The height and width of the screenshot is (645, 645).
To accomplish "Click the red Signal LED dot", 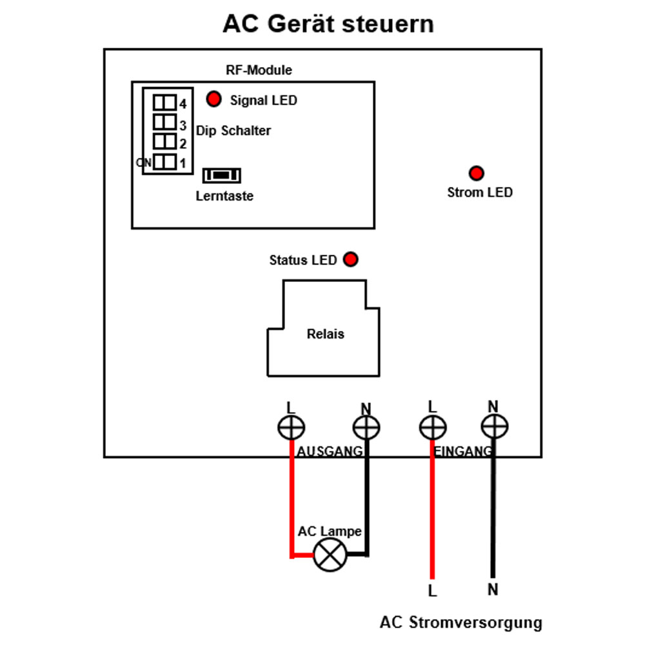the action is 214,99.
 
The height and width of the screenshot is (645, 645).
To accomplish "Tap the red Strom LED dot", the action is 477,173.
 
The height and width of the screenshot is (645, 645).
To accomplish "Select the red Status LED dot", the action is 350,259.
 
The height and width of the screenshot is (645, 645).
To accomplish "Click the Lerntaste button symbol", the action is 222,175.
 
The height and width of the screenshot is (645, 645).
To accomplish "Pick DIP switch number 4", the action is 164,103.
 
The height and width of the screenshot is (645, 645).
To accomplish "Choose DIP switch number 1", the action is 164,162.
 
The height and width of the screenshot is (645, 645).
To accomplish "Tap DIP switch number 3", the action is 164,122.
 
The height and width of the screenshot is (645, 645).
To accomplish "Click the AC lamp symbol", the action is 330,555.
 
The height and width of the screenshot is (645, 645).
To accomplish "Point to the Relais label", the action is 325,333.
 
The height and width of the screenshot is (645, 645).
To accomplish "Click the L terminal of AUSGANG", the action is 292,428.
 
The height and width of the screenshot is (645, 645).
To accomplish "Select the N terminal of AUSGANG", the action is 366,428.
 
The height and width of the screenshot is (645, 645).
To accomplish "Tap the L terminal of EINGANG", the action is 433,428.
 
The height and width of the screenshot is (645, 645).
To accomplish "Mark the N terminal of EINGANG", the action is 495,426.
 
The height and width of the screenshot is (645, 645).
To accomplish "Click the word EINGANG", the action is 462,451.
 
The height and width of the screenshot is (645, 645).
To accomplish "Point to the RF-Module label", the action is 259,70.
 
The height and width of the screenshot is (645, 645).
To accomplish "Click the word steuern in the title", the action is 388,24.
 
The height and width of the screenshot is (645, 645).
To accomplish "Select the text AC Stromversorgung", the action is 461,622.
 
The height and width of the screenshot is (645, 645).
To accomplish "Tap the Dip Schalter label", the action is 233,131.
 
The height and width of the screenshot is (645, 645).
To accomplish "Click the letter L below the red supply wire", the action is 432,591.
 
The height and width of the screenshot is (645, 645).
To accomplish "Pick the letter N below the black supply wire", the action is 493,590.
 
